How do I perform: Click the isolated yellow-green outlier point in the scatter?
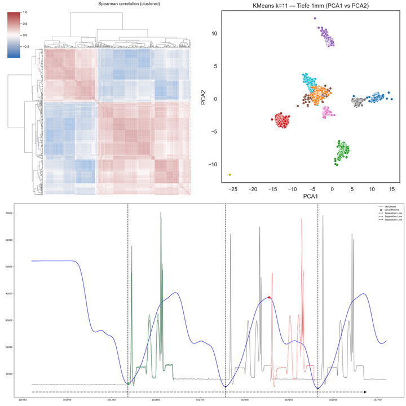click(230, 175)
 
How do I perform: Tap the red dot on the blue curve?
click(270, 297)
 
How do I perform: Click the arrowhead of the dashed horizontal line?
click(365, 391)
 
